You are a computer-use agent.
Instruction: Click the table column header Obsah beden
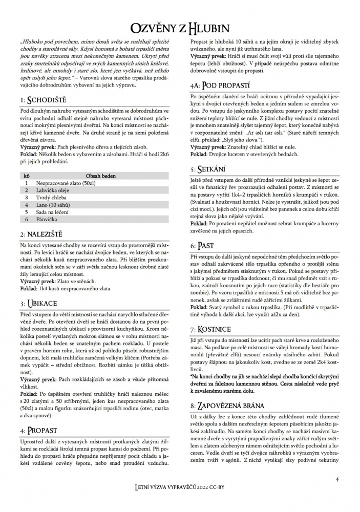click(x=101, y=176)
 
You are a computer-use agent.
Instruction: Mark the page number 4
click(x=337, y=479)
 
